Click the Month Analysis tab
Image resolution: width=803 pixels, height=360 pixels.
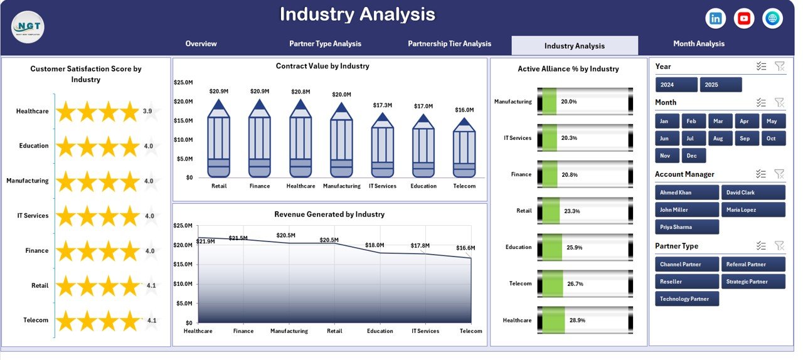[698, 44]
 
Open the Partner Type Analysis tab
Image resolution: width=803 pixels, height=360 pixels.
[325, 44]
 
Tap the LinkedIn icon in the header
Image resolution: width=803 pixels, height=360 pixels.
[715, 19]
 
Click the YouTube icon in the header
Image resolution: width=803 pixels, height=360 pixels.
[744, 19]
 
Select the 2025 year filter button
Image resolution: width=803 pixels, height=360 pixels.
[720, 85]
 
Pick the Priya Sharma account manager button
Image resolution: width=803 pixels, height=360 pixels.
[687, 227]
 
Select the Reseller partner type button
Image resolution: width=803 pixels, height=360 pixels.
[687, 282]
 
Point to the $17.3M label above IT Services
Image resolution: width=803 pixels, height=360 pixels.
[382, 105]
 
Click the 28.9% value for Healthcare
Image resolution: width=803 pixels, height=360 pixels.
[576, 320]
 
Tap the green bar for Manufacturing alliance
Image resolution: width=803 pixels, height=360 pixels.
[550, 102]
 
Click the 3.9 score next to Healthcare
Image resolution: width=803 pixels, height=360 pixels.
[147, 111]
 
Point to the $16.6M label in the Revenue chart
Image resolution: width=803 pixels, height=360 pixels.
[466, 248]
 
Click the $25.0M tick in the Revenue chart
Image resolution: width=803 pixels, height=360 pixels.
[183, 226]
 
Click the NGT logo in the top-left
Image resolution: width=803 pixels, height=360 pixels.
[28, 27]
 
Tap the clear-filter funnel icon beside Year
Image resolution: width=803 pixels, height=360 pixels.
[779, 66]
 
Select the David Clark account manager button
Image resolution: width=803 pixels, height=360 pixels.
[753, 193]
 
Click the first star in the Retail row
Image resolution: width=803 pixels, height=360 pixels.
[66, 286]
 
